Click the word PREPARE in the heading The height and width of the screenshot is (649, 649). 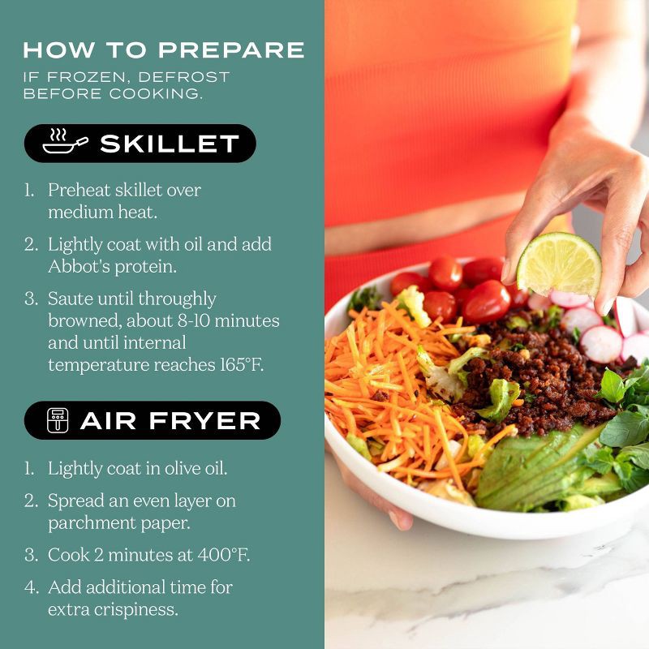coord(231,49)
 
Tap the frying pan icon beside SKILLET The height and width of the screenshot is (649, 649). coord(66,141)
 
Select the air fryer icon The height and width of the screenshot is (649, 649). coord(58,420)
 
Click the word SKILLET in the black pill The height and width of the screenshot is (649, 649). coord(170,144)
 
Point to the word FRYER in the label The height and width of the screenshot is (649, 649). coord(204,421)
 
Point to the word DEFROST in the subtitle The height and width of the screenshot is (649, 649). coord(184,77)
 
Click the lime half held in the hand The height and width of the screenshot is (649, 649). coord(559,265)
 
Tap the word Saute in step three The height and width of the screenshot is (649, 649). coord(70,299)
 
